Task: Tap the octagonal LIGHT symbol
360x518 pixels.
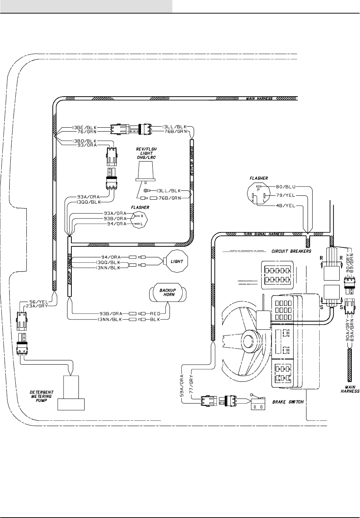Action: click(x=176, y=261)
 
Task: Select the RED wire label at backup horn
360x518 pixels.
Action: click(x=155, y=313)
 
